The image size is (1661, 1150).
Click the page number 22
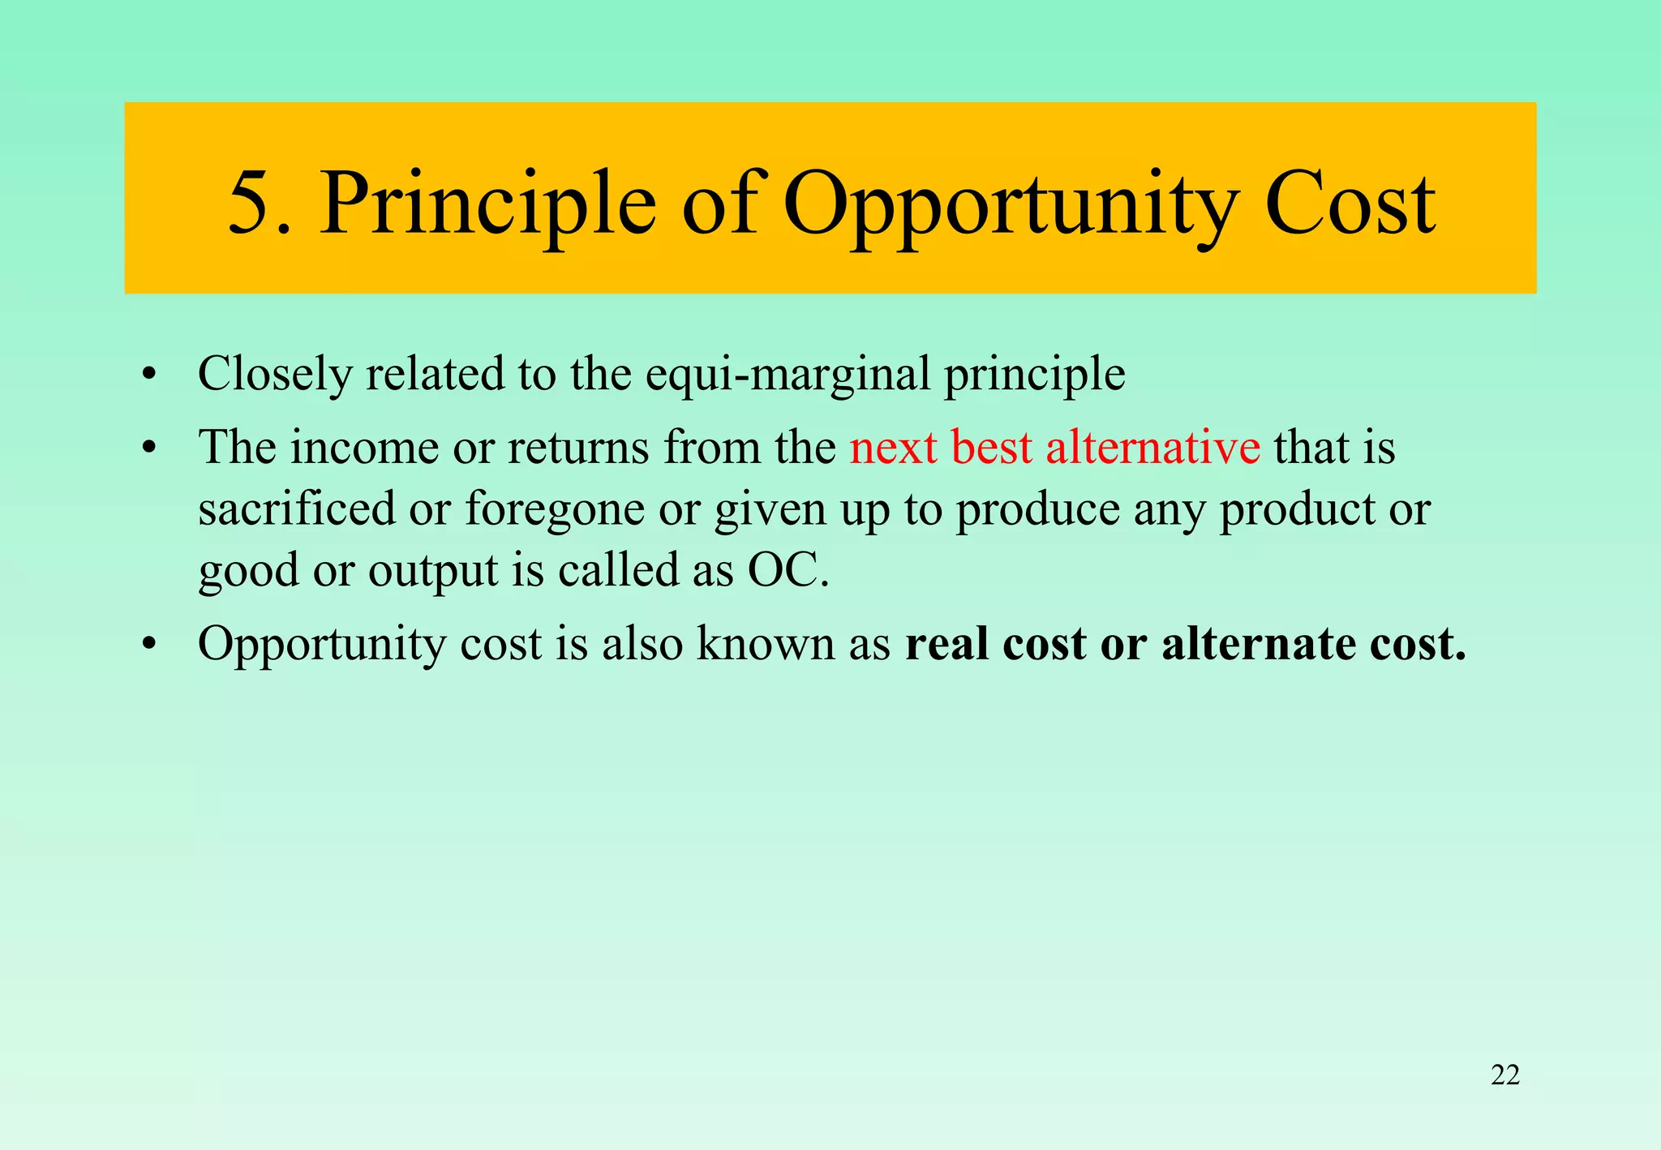point(1505,1075)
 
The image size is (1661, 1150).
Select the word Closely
point(275,375)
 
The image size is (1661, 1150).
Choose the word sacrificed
point(296,508)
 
